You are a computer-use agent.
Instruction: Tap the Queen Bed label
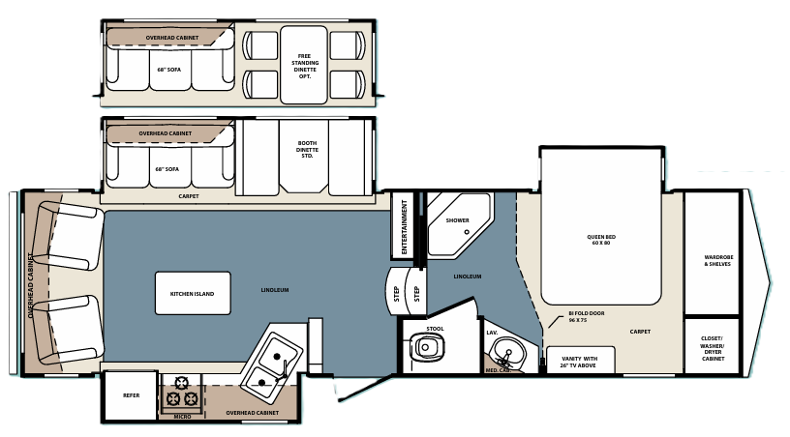tap(602, 240)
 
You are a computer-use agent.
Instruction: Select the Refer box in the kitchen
tap(131, 395)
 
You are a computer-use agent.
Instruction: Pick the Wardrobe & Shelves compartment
tap(718, 261)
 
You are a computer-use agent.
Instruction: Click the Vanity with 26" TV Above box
tap(578, 361)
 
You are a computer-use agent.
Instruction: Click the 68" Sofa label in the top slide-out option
tap(167, 70)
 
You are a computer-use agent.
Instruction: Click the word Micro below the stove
tap(182, 416)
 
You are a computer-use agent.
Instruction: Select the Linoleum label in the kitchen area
tap(274, 290)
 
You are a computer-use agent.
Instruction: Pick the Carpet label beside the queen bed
tap(639, 332)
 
